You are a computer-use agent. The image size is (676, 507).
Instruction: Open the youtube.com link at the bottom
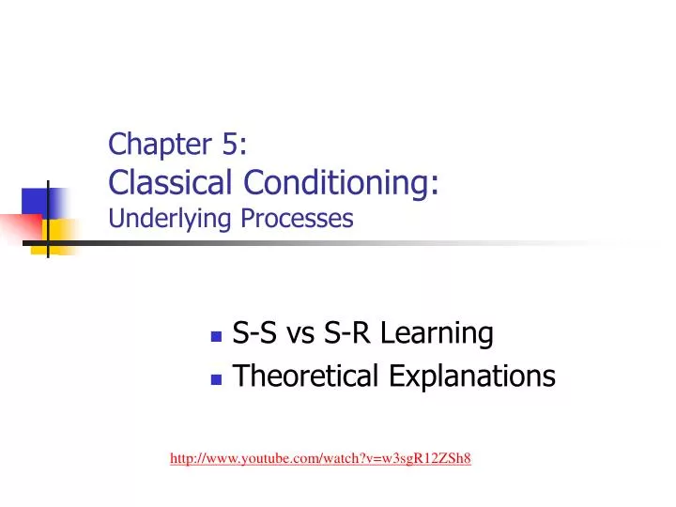click(320, 458)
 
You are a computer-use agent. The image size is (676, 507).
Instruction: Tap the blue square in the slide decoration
click(36, 202)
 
